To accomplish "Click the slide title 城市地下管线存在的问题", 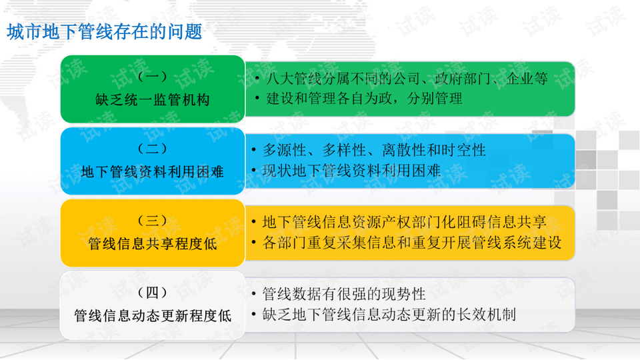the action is pos(105,32).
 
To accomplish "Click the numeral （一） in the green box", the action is pos(152,76).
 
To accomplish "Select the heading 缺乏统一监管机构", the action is pos(152,99).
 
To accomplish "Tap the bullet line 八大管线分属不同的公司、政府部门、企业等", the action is pos(407,79).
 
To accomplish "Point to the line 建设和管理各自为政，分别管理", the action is pos(364,99).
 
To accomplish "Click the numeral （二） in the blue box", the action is pos(152,149).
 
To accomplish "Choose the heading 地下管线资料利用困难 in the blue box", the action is pos(152,172).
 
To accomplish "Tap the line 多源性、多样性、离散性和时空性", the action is pos(374,150).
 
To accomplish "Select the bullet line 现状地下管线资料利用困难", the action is pos(351,171).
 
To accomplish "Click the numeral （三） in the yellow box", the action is pos(152,221).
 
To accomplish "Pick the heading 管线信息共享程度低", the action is pos(152,244).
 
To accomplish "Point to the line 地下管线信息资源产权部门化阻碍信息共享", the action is pos(404,222).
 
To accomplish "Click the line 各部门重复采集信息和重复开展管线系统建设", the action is pos(412,243).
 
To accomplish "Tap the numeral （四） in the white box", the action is pos(152,292).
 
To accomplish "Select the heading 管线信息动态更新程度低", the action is pos(152,315).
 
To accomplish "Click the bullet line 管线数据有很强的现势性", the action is pos(344,294).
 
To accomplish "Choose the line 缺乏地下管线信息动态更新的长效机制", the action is pos(389,314).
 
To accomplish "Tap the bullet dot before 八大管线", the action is pos(257,79).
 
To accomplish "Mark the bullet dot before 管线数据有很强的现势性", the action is pos(254,294).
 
